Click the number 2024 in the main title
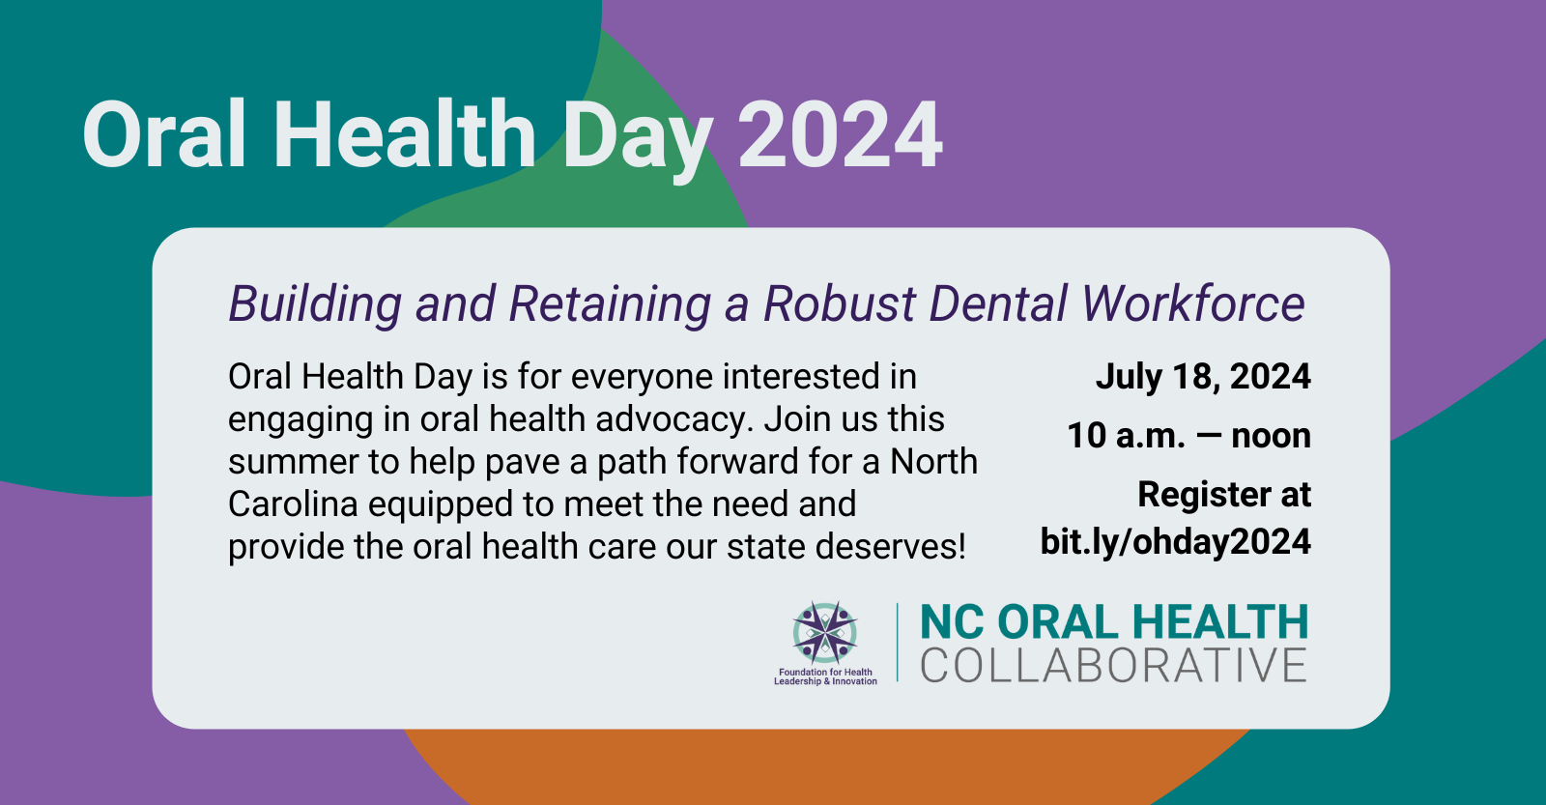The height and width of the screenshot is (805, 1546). pos(840,134)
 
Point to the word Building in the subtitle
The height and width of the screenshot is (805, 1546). pos(315,304)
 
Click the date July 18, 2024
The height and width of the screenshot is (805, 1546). pos(1203,377)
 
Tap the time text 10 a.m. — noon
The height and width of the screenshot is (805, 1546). pos(1188,437)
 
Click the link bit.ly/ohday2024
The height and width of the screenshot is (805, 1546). pos(1175,542)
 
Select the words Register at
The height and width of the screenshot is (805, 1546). pos(1224,495)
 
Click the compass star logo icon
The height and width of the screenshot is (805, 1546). pos(825,632)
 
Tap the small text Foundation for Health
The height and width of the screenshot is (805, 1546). pos(825,672)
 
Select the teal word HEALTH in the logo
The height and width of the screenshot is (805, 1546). pos(1220,621)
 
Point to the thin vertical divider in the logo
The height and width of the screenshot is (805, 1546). pos(898,642)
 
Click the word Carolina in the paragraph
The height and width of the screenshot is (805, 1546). pos(293,504)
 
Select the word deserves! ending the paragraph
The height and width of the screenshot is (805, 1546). pos(890,547)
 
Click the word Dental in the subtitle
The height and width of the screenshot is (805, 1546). pos(998,303)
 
